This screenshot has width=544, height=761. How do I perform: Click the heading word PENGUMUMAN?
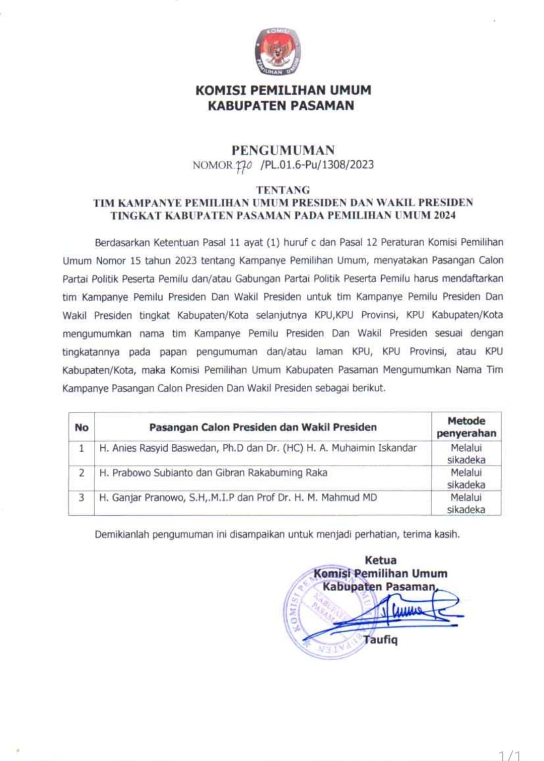click(x=283, y=150)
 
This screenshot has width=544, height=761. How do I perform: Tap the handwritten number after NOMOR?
click(x=244, y=165)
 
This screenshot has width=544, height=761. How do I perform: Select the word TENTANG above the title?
click(x=283, y=190)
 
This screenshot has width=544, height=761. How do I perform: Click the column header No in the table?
click(x=82, y=428)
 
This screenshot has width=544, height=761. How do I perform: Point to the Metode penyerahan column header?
click(x=466, y=427)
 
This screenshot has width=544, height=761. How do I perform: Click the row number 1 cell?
click(x=82, y=448)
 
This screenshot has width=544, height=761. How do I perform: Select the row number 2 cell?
click(x=82, y=473)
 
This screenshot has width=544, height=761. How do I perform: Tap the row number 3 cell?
click(x=82, y=498)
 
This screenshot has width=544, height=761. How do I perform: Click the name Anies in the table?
click(x=124, y=448)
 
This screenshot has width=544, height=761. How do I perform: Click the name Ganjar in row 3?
click(x=127, y=498)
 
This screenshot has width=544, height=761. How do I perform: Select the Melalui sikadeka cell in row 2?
click(x=466, y=478)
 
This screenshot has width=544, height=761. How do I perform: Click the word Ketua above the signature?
click(x=380, y=560)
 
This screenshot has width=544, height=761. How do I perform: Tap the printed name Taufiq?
click(x=381, y=640)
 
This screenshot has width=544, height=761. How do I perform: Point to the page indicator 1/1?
click(x=510, y=755)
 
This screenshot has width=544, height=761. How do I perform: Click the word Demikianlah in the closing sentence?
click(x=122, y=534)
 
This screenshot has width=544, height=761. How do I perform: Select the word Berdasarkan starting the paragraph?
click(x=122, y=242)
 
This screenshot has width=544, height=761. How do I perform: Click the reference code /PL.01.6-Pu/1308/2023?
click(x=317, y=165)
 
